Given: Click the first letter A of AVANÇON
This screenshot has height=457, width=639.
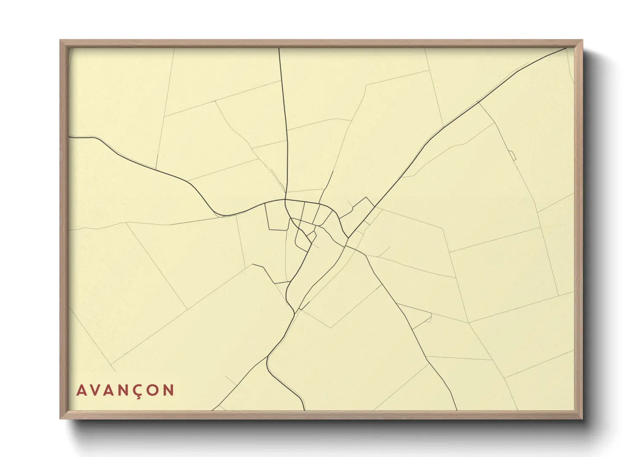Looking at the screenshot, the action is [x=81, y=390].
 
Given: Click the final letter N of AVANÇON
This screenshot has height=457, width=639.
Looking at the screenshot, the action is [x=169, y=390].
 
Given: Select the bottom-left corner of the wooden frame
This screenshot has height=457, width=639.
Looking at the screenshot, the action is [x=61, y=418].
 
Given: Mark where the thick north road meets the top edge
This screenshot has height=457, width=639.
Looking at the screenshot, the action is [x=279, y=48].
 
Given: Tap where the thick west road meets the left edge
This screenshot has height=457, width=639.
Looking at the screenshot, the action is [x=70, y=137].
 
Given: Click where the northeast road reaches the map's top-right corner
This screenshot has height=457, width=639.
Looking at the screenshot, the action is [x=566, y=48].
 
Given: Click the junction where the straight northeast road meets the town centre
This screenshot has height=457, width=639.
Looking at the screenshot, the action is [x=348, y=238].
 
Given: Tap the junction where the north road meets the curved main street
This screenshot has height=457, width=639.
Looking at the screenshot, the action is [x=285, y=200].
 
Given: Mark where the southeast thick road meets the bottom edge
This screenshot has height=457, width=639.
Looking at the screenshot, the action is [x=456, y=410].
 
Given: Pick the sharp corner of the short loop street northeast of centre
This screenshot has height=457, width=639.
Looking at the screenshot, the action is [x=367, y=197].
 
